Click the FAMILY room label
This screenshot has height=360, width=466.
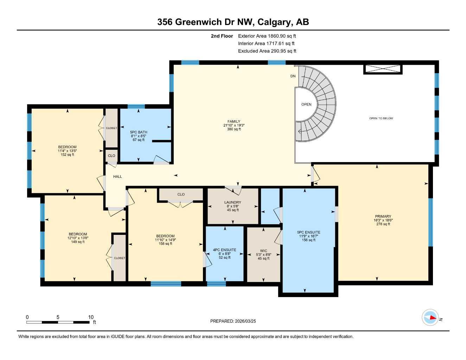tap(234, 121)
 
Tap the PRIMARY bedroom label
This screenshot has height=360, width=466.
tap(383, 217)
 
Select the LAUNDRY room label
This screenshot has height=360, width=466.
tap(232, 202)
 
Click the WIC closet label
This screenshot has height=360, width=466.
tap(263, 251)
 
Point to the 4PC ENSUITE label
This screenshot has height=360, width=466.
tap(224, 250)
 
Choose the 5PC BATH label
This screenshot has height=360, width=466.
tap(139, 132)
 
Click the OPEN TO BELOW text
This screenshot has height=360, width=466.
tap(381, 118)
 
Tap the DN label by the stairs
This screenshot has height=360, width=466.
tap(293, 76)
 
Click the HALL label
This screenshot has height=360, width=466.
tap(117, 176)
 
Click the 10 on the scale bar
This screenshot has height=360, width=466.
tap(91, 317)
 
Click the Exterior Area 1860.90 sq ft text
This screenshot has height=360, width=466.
tap(267, 36)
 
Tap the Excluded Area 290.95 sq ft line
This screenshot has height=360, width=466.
tap(267, 51)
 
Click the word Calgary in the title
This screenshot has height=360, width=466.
tap(274, 22)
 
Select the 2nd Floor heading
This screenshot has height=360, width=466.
tap(222, 36)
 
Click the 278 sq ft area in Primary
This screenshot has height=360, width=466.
tap(383, 224)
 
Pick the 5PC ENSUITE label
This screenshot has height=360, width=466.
tap(308, 232)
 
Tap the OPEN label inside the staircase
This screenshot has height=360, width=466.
tap(306, 104)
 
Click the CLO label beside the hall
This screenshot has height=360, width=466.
tap(111, 156)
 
